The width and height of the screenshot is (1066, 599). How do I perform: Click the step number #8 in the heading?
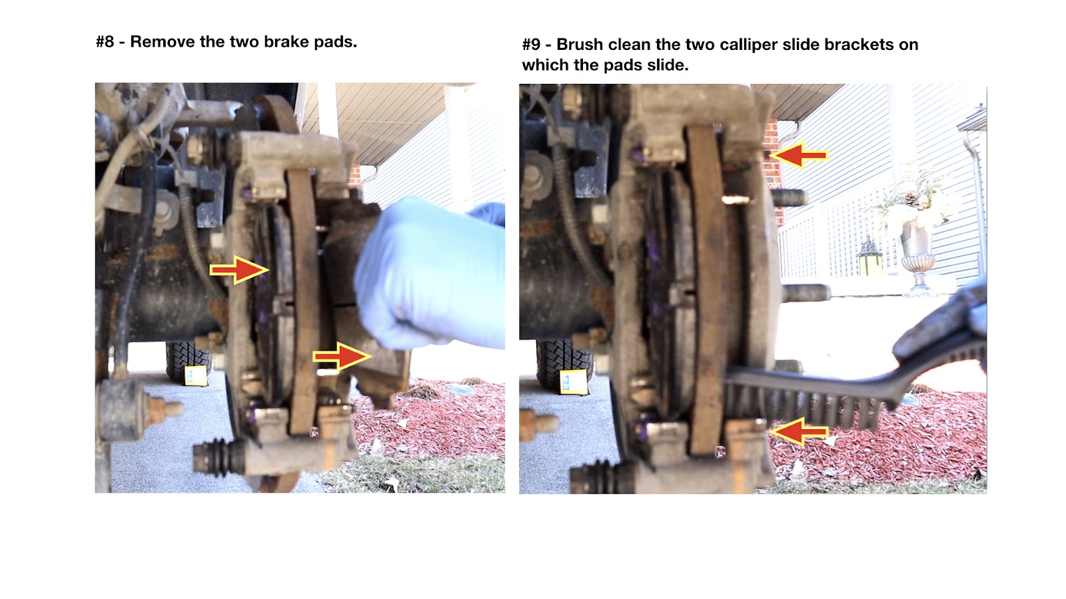(x=105, y=42)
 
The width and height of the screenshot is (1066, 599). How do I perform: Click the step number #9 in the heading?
(x=531, y=45)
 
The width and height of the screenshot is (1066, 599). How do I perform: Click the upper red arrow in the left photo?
(x=239, y=270)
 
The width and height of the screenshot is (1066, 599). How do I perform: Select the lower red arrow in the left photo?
(x=342, y=355)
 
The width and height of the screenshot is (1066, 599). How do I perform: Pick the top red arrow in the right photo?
(x=799, y=155)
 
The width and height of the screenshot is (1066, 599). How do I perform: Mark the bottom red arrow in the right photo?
(x=799, y=432)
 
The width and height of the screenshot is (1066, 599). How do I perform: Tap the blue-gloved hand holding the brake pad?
(x=428, y=274)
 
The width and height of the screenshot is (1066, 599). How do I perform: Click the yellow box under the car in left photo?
(x=196, y=375)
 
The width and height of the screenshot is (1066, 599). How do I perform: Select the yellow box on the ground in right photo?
(x=573, y=382)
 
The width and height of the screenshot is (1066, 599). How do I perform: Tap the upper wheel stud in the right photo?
(x=789, y=197)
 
